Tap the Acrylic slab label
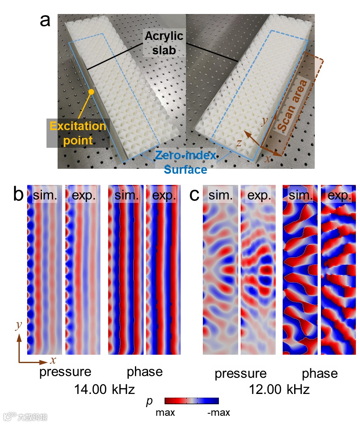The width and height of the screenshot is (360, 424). pos(163,43)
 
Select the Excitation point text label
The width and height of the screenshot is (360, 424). pos(78,133)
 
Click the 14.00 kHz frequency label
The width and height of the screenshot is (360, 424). pos(105,389)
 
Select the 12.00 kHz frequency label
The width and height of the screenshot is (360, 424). pos(279,389)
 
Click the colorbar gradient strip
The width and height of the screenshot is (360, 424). pos(191,401)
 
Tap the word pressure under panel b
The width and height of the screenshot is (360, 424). pos(65,372)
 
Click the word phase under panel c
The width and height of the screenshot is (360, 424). pos(320,373)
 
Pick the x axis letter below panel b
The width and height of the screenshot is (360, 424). pos(53,361)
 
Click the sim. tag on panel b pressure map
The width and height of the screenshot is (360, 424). pos(45,196)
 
